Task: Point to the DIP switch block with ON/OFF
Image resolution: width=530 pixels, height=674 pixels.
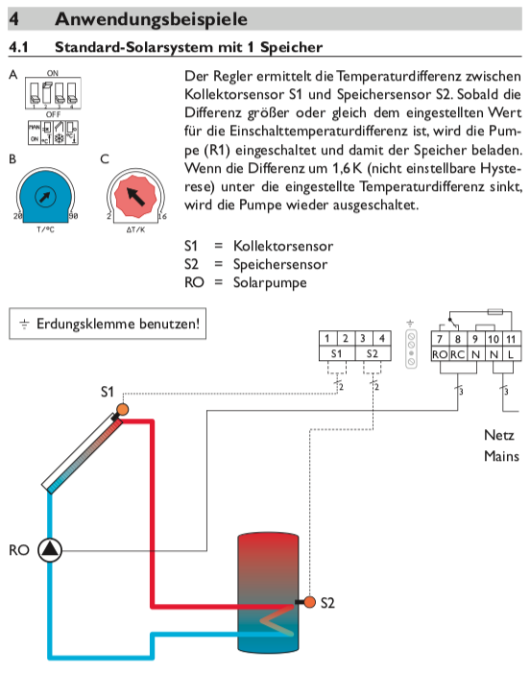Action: click(x=52, y=94)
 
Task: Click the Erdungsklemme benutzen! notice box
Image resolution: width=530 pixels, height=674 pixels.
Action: click(x=107, y=324)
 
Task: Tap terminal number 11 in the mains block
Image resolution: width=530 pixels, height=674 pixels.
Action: click(x=510, y=338)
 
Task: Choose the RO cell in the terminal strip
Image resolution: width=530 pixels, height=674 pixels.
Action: click(x=441, y=354)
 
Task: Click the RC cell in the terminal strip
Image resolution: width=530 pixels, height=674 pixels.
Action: click(x=459, y=354)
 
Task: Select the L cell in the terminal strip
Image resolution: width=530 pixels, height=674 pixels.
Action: click(x=510, y=354)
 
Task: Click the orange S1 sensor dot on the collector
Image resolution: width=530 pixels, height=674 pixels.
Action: click(x=122, y=411)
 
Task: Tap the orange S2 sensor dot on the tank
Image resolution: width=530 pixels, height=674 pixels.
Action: click(x=310, y=603)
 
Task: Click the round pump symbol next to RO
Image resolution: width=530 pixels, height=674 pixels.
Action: click(x=49, y=550)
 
